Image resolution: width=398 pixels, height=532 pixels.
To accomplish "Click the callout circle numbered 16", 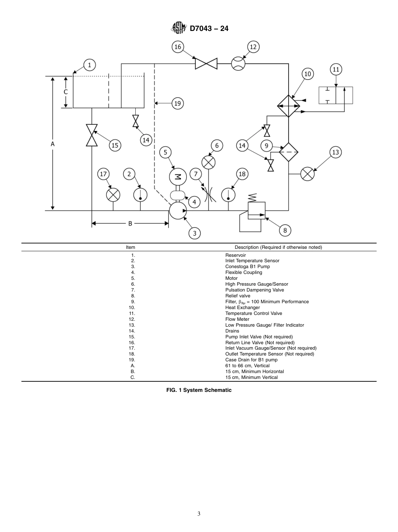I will coord(178,47).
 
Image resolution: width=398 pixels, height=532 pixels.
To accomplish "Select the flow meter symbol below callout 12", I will coord(238,64).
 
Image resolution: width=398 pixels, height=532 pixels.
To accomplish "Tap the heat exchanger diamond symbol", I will coord(289,105).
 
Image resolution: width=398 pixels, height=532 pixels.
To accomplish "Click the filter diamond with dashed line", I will coord(289,152).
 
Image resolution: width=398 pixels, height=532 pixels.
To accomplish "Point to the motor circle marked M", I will coord(178,176).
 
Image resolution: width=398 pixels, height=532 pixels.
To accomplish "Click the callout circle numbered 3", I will coord(194,233).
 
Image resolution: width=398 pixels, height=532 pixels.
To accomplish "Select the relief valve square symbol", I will coord(256,210).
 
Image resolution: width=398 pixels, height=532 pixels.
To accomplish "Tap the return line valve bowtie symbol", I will coord(206,64).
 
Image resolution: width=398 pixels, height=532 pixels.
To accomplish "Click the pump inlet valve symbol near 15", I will coord(92,135).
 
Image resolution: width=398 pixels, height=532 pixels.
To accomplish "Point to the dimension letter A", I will coord(53,143).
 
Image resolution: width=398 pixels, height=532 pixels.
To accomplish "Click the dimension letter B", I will coord(130,224).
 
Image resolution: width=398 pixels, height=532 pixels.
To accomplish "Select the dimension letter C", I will coord(65,92).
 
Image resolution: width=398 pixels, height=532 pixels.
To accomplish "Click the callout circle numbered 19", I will coord(178,103).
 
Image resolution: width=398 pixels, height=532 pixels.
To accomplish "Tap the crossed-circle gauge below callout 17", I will coord(113,195).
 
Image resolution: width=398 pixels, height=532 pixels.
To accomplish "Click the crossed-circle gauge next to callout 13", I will coord(308,174).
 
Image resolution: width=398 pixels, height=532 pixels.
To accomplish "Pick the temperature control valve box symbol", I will coord(336,95).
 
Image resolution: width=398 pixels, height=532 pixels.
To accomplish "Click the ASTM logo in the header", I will coord(179,28).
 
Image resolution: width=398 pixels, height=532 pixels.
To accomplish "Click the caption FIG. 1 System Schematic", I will coord(199,390).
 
